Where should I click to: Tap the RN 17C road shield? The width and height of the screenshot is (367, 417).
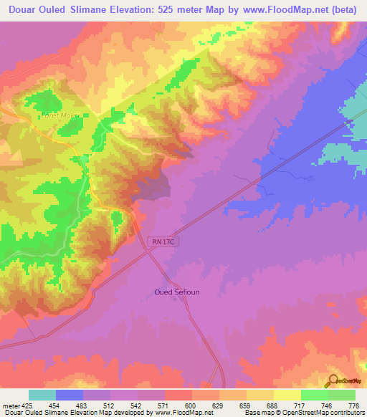(163, 243)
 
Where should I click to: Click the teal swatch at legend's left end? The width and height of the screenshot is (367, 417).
(42, 395)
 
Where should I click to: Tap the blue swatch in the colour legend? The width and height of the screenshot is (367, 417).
(70, 395)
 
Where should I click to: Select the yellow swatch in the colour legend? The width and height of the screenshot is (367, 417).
(287, 395)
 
